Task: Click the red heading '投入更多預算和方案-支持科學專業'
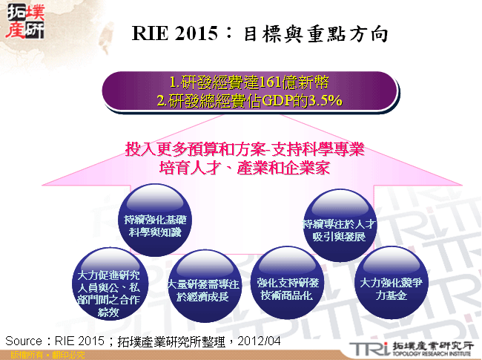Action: [245, 149]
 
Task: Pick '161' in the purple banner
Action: [274, 82]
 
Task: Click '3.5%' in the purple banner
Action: [325, 100]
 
